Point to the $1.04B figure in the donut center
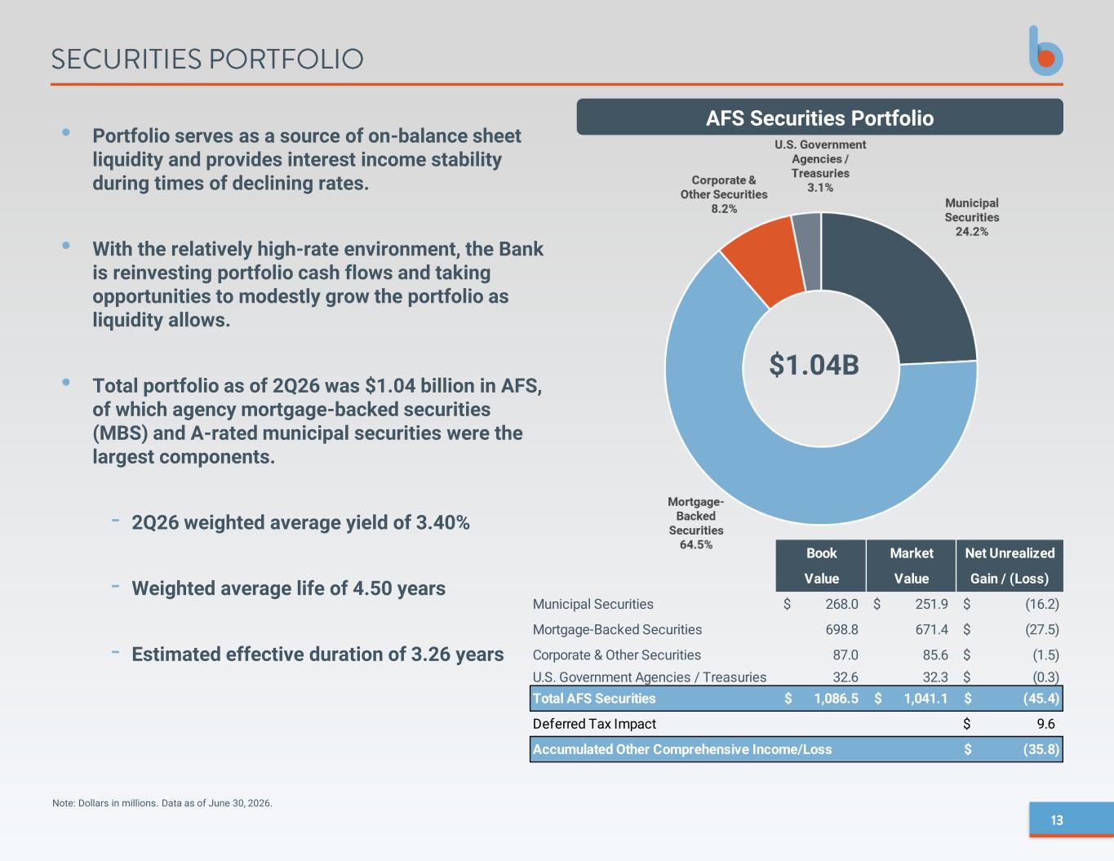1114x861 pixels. (814, 365)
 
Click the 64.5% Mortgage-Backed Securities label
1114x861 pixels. (695, 544)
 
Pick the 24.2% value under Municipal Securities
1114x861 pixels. (971, 231)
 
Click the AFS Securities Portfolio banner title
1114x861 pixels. (819, 118)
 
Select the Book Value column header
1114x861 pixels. (821, 566)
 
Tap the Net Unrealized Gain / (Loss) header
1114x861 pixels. (1010, 566)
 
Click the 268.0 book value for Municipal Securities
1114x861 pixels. (841, 604)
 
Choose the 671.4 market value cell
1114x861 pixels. (931, 629)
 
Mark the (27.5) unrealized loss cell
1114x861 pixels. (1041, 629)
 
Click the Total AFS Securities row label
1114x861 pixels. (594, 699)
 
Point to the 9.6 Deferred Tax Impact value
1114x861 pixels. (1045, 724)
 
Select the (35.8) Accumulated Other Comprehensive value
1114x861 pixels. (1041, 749)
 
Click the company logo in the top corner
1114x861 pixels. (1045, 51)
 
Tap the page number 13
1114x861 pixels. (1057, 820)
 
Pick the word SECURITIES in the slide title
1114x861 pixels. (126, 59)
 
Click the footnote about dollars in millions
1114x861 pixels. (162, 803)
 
